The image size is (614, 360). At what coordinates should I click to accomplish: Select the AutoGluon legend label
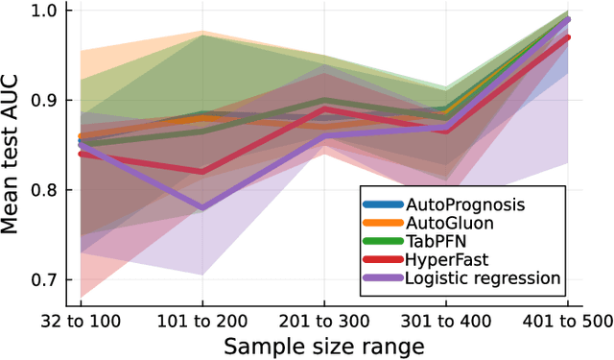(x=450, y=223)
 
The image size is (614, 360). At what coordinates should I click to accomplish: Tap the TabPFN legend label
(x=436, y=241)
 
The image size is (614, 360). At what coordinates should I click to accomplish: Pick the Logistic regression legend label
(x=483, y=278)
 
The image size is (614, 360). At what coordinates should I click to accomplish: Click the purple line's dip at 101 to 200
(x=202, y=208)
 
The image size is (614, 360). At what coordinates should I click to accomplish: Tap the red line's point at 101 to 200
(x=202, y=173)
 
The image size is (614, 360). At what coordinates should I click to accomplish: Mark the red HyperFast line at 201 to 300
(x=323, y=109)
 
